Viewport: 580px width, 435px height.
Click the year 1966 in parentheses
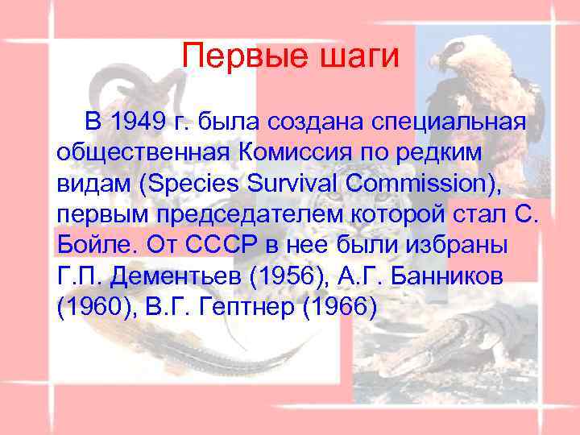coord(342,308)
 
